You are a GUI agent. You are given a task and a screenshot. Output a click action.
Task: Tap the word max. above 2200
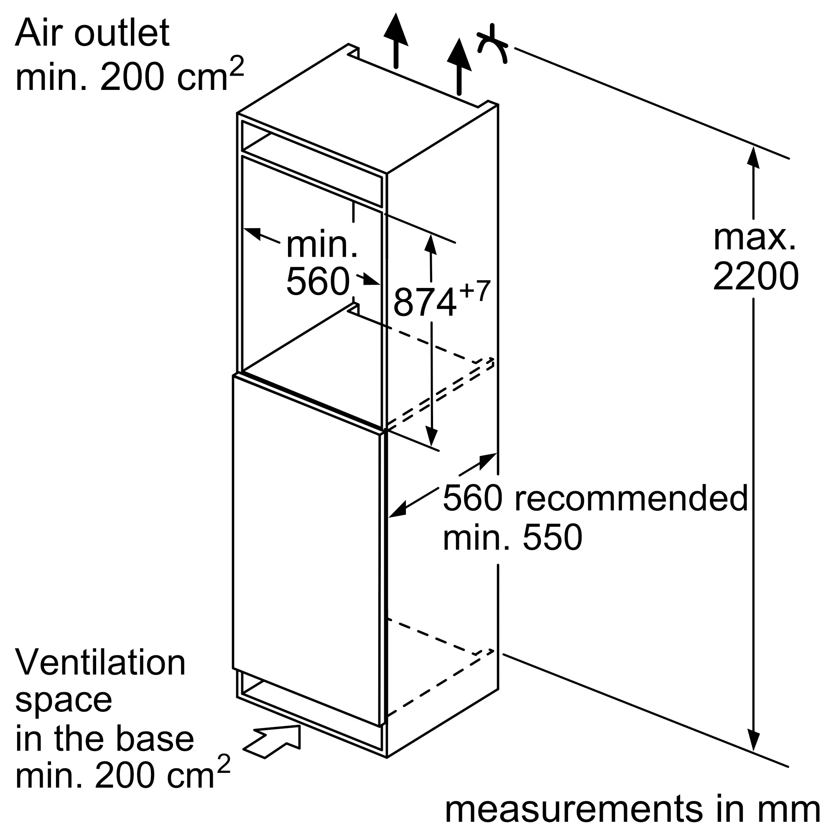[754, 237]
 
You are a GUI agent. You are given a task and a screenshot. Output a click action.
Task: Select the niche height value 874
[425, 303]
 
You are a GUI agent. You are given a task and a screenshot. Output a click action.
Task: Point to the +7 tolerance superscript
[475, 291]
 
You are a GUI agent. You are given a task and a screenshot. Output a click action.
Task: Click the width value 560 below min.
[318, 282]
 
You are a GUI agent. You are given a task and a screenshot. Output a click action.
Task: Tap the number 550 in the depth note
[553, 538]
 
